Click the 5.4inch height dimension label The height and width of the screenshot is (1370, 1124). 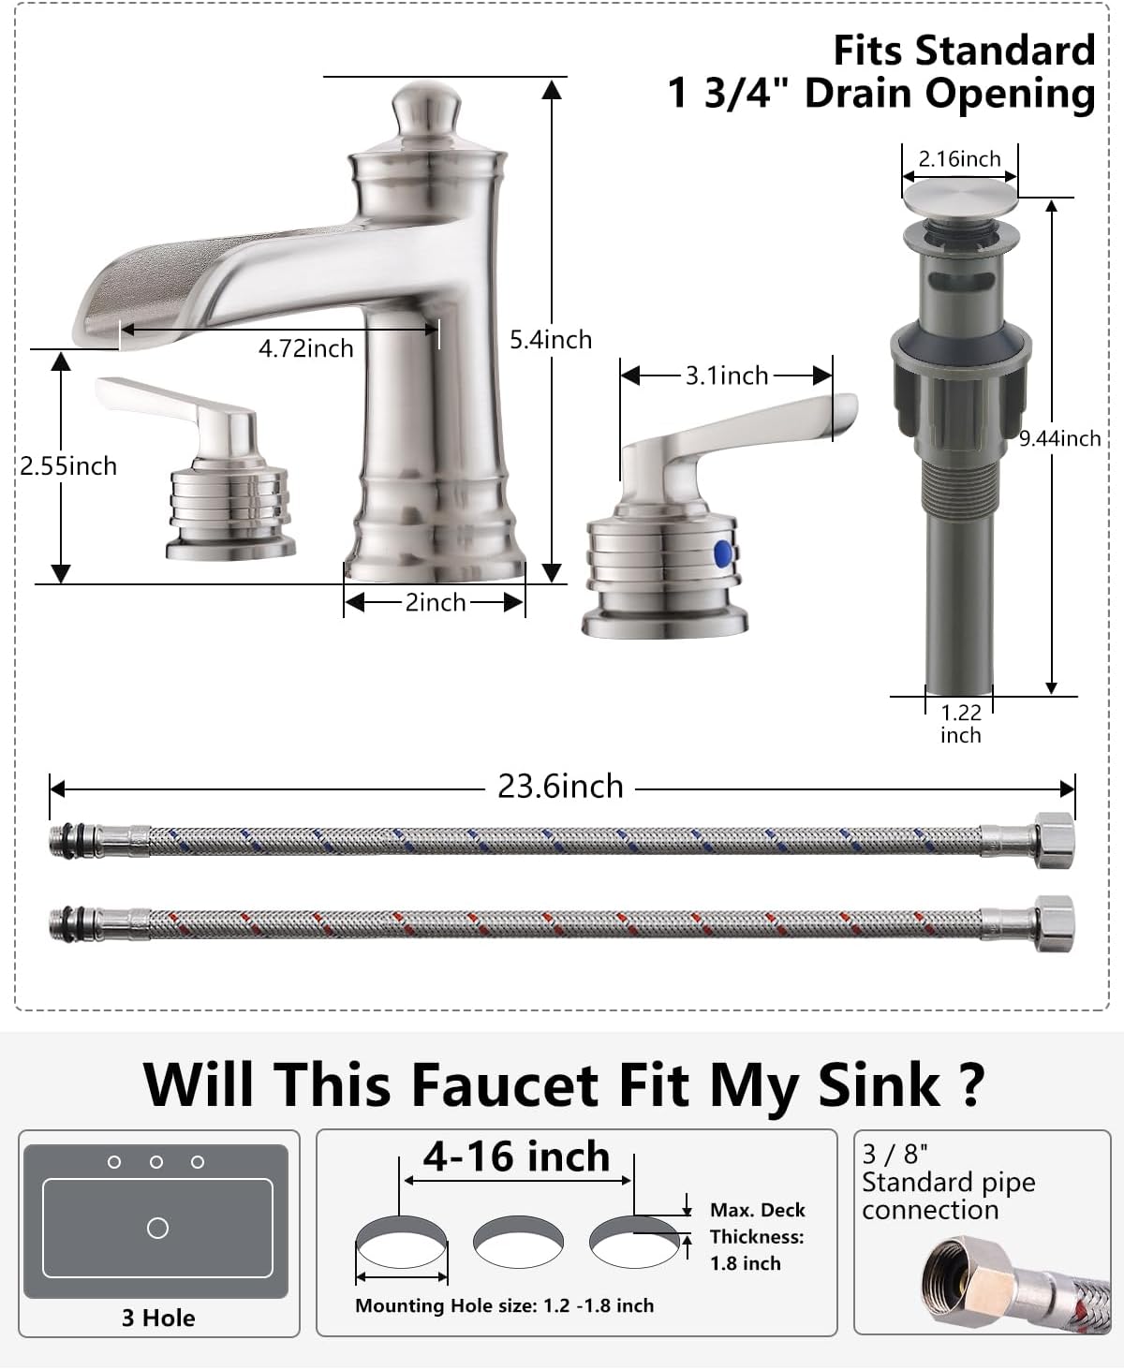[x=551, y=339]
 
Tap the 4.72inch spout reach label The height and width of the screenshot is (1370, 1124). [x=306, y=348]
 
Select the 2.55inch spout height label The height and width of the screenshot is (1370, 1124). [x=68, y=465]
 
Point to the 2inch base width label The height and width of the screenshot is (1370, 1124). [x=436, y=602]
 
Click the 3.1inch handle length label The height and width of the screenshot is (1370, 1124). [x=727, y=376]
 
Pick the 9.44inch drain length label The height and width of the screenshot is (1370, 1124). [x=1060, y=437]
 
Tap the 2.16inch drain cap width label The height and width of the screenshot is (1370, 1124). [x=959, y=159]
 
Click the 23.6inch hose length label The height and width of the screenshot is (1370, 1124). [x=560, y=786]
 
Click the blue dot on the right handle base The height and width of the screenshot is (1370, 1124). [x=720, y=553]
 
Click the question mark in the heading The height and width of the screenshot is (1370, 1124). [x=971, y=1084]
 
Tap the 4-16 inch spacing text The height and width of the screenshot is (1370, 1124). [x=516, y=1156]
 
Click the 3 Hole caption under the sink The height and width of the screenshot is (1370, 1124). [x=158, y=1318]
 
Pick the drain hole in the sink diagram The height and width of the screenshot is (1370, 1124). [x=157, y=1228]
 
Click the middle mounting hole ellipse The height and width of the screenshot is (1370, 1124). [x=518, y=1242]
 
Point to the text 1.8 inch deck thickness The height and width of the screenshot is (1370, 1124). [x=746, y=1263]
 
